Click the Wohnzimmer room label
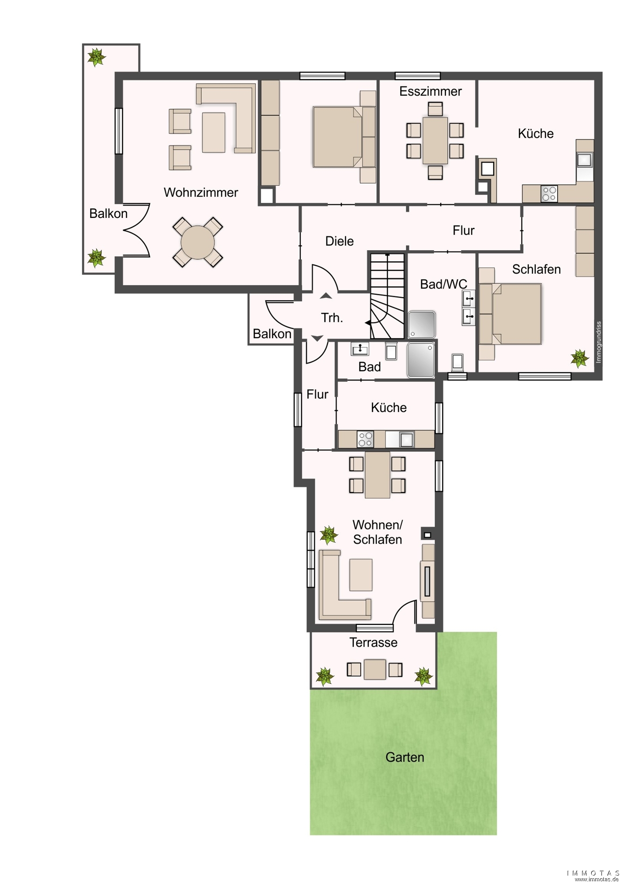click(201, 193)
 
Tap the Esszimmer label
click(431, 91)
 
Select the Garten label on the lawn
click(405, 757)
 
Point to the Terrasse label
click(374, 642)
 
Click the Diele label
click(340, 241)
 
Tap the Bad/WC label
click(444, 284)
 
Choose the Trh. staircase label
click(332, 317)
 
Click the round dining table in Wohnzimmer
click(198, 242)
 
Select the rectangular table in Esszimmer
click(435, 141)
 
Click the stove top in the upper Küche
click(549, 194)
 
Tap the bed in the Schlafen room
click(517, 314)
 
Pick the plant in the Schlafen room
click(579, 358)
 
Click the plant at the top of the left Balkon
click(96, 57)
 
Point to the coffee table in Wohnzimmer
click(214, 133)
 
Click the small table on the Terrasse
click(375, 669)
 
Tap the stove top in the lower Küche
click(366, 439)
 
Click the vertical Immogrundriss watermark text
click(599, 342)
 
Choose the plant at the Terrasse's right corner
click(423, 676)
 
